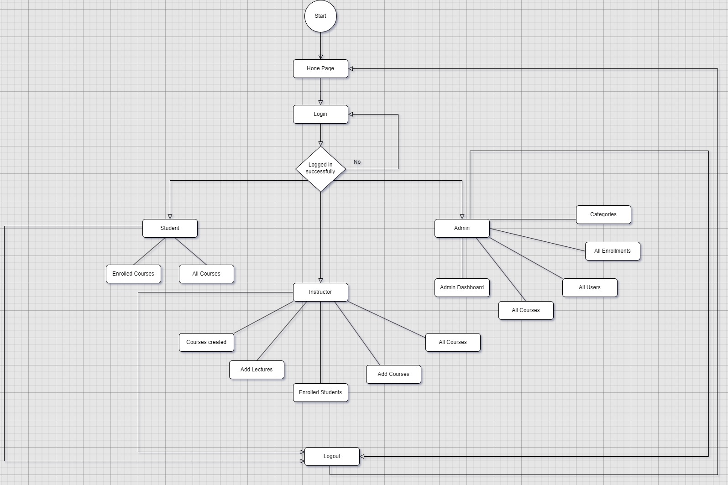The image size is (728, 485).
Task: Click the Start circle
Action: (320, 16)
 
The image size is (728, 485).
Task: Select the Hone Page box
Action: (320, 68)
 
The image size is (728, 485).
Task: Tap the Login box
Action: (320, 114)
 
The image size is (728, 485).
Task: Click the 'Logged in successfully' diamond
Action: (320, 168)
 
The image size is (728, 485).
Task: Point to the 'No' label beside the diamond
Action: (357, 162)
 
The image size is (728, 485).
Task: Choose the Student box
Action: (170, 228)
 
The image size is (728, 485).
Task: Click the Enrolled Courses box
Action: (133, 274)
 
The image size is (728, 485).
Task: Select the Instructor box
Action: (320, 292)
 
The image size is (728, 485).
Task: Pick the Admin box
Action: (462, 228)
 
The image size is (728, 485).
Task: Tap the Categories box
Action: (603, 214)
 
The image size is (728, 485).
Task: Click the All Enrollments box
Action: (613, 251)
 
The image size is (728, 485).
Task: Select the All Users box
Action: (590, 287)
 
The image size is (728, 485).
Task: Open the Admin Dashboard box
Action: (462, 287)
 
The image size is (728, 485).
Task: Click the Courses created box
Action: (206, 342)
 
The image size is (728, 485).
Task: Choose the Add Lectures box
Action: (257, 370)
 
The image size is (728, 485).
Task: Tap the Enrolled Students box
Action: (320, 392)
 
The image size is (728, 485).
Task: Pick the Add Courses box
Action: (393, 374)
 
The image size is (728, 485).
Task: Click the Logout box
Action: (332, 456)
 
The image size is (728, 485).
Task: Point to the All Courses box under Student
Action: (206, 274)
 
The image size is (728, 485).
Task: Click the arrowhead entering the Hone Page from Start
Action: (320, 57)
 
